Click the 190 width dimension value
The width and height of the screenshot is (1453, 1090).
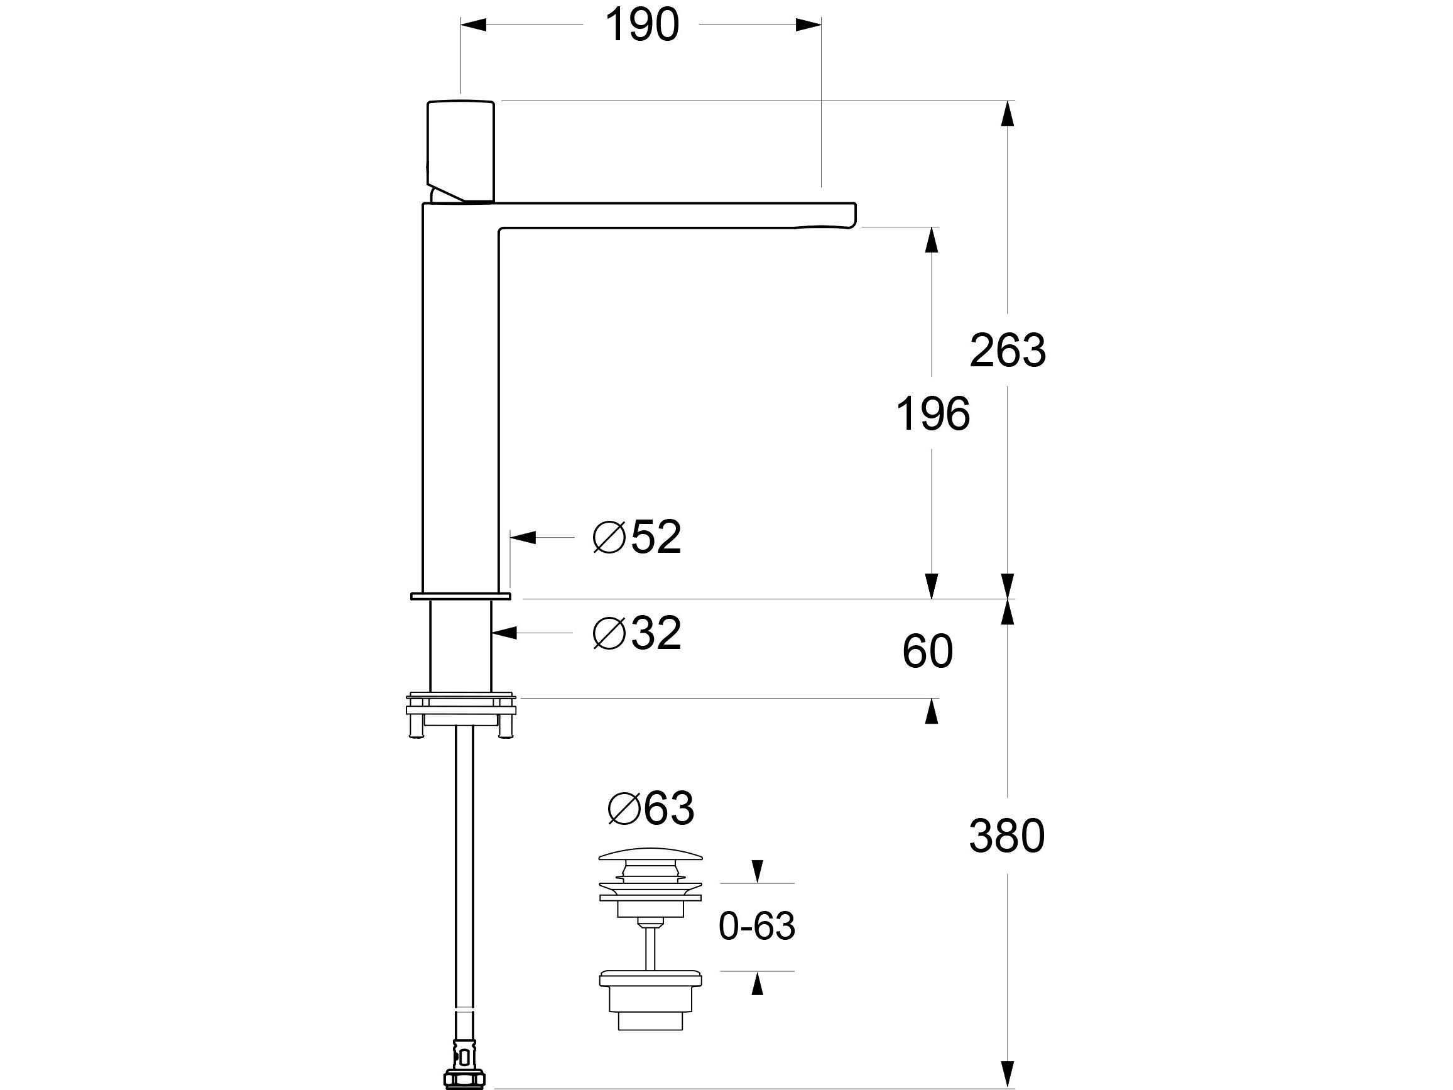point(641,26)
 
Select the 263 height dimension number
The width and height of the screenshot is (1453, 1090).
point(1007,350)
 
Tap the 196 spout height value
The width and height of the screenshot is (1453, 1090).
point(933,414)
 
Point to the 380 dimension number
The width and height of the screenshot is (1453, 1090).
point(1006,836)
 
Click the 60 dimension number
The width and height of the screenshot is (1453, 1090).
point(927,651)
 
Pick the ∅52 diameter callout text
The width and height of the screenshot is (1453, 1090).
point(636,537)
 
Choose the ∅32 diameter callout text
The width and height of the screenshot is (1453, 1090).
point(636,633)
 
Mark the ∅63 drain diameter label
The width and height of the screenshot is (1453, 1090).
point(650,808)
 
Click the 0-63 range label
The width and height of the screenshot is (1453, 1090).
point(757,927)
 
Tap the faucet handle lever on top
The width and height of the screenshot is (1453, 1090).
point(460,151)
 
